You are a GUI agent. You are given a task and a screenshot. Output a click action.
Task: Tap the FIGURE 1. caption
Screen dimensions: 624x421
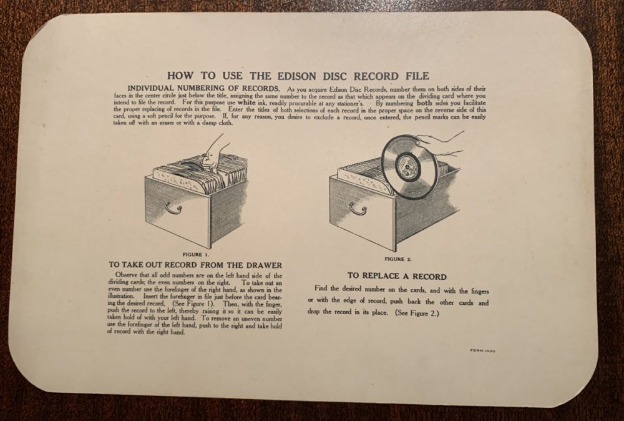(x=195, y=254)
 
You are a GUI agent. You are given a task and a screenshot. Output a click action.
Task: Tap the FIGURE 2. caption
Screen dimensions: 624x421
(x=398, y=259)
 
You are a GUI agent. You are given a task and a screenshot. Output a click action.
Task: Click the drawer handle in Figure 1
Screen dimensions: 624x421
(x=173, y=207)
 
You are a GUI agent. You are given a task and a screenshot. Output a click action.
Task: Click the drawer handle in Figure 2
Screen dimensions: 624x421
(x=358, y=207)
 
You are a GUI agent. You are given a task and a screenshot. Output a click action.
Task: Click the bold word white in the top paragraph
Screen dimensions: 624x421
(x=246, y=102)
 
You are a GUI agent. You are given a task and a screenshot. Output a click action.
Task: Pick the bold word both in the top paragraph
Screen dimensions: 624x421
(x=424, y=102)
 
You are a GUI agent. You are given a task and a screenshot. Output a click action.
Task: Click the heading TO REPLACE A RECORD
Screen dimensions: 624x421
(x=397, y=277)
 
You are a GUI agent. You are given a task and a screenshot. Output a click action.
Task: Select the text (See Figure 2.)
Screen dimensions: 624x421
(x=417, y=313)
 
